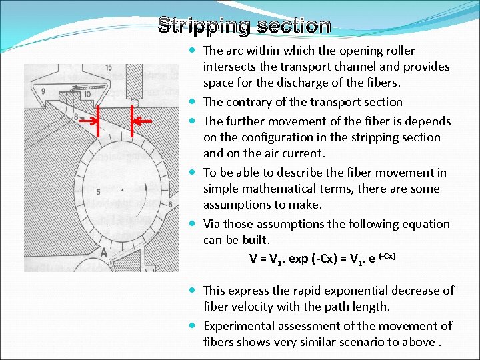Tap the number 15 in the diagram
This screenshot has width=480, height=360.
pyautogui.click(x=109, y=69)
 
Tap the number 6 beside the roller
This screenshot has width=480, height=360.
pyautogui.click(x=171, y=204)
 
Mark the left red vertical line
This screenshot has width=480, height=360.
pyautogui.click(x=98, y=121)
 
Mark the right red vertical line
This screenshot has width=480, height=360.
pyautogui.click(x=133, y=121)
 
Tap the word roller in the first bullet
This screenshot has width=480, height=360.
pyautogui.click(x=399, y=51)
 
